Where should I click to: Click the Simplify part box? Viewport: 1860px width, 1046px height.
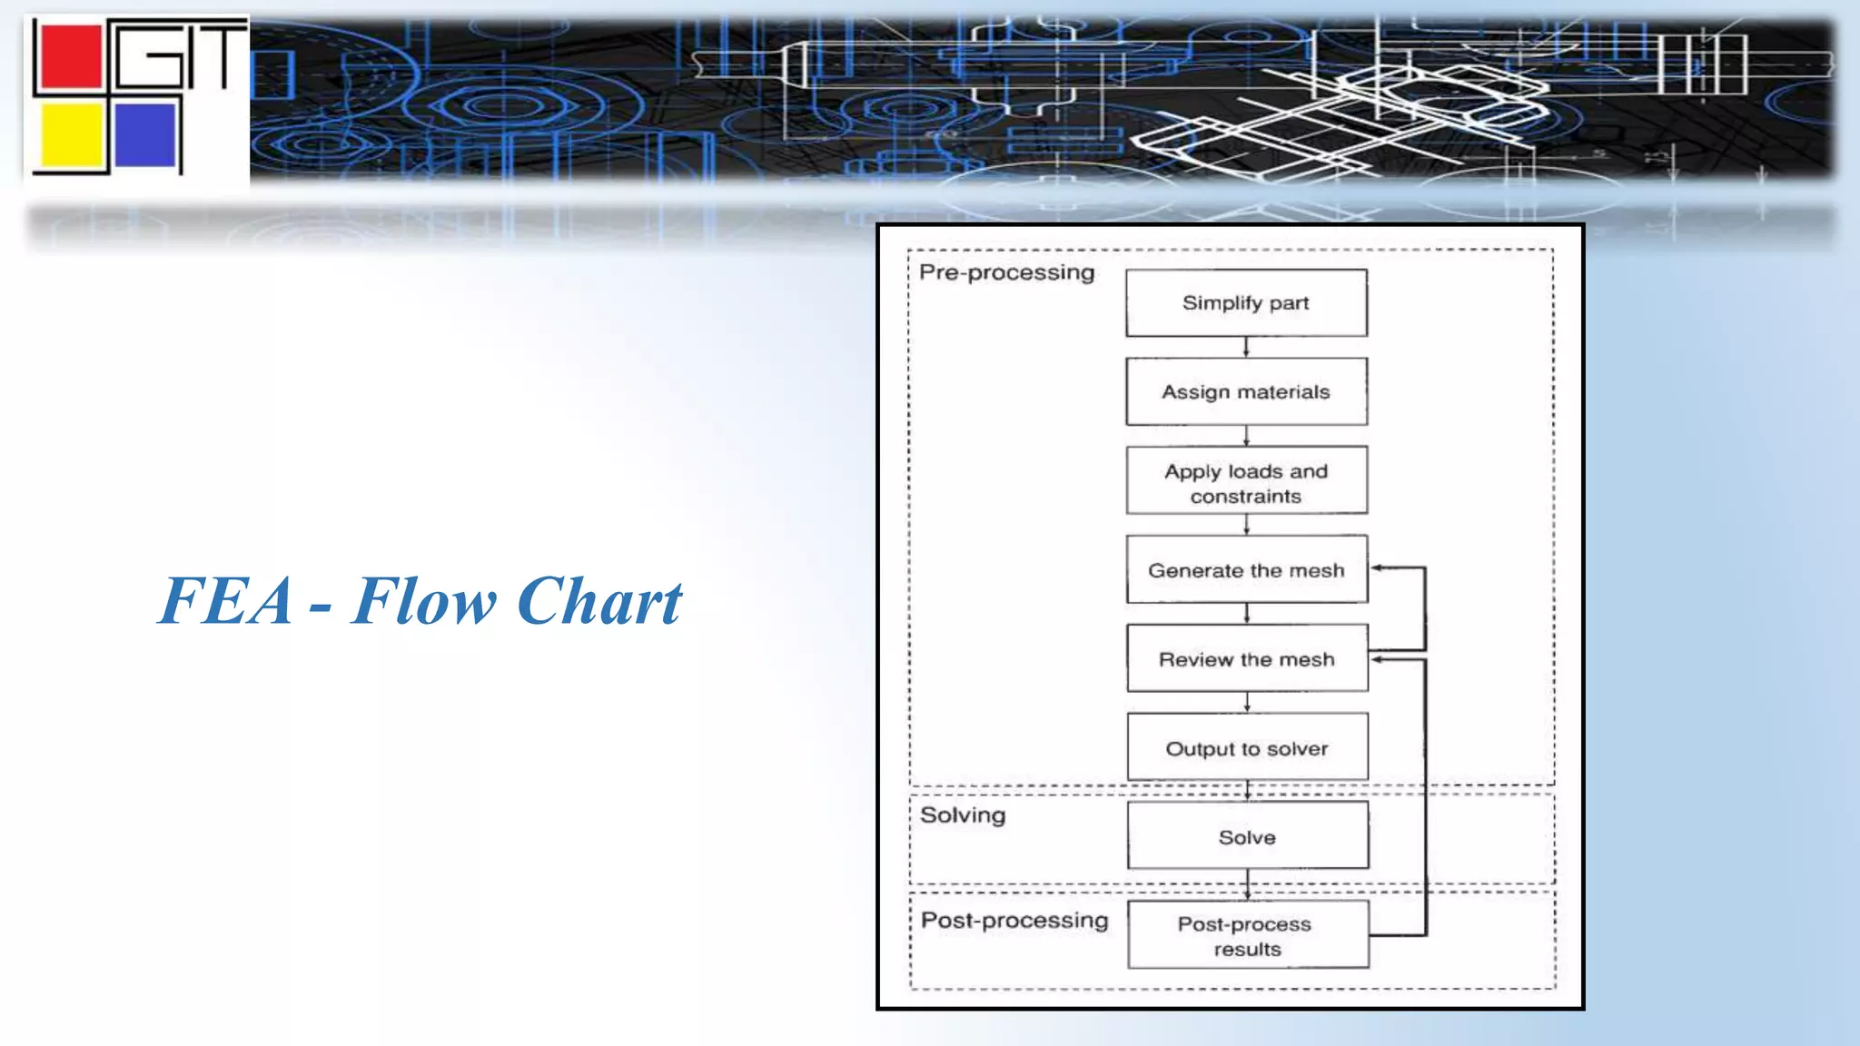pyautogui.click(x=1246, y=302)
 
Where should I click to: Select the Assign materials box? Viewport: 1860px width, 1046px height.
pyautogui.click(x=1246, y=391)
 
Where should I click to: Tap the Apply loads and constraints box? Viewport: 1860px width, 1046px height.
pyautogui.click(x=1246, y=480)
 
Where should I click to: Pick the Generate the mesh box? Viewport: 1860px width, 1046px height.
pyautogui.click(x=1246, y=569)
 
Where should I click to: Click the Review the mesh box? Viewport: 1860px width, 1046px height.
pyautogui.click(x=1246, y=658)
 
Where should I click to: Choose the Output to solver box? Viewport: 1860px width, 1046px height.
pyautogui.click(x=1247, y=747)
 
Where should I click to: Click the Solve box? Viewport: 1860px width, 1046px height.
pyautogui.click(x=1247, y=835)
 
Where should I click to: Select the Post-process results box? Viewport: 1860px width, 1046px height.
pyautogui.click(x=1247, y=934)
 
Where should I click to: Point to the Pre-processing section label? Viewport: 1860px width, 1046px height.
pyautogui.click(x=1006, y=272)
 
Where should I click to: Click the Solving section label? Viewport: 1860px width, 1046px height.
pyautogui.click(x=963, y=814)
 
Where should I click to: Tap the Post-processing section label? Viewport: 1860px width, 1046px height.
pyautogui.click(x=1014, y=920)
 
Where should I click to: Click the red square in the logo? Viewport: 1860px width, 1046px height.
pyautogui.click(x=69, y=58)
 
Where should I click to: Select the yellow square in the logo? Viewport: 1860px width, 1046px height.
pyautogui.click(x=71, y=135)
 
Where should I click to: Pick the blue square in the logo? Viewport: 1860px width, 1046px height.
pyautogui.click(x=145, y=135)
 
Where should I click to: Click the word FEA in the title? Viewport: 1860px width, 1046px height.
pyautogui.click(x=226, y=601)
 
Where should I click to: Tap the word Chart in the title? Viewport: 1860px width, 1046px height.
pyautogui.click(x=599, y=601)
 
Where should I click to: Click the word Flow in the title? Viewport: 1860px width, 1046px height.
pyautogui.click(x=424, y=601)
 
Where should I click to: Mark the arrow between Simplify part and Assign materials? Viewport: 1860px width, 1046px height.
pyautogui.click(x=1246, y=347)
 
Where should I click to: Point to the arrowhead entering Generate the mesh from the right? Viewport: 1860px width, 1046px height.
pyautogui.click(x=1377, y=568)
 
